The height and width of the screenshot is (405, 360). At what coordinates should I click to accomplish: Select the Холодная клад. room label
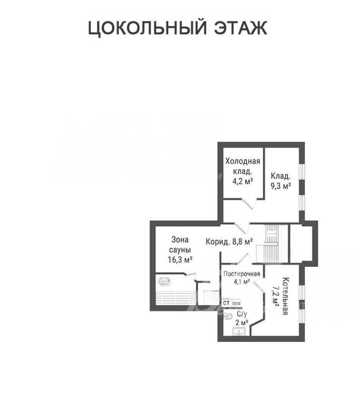tap(242, 166)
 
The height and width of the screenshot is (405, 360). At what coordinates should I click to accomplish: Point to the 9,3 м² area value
tap(281, 186)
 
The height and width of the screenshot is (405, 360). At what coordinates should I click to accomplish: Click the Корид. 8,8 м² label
tap(229, 242)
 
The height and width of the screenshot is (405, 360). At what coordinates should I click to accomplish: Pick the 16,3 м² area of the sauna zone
tap(180, 259)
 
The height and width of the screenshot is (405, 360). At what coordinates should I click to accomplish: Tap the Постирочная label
tap(242, 274)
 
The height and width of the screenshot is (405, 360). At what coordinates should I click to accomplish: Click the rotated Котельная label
tap(285, 296)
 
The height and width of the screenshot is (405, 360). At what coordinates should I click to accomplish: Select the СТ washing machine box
tap(226, 303)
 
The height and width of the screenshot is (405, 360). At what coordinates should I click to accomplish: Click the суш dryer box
tap(236, 303)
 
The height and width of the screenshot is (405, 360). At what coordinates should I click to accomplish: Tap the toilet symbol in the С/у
tap(228, 316)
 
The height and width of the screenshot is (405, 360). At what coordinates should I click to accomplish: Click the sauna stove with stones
tap(164, 281)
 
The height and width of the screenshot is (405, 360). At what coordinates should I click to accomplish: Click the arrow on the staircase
tap(272, 234)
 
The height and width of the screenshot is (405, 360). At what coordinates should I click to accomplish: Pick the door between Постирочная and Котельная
tap(260, 286)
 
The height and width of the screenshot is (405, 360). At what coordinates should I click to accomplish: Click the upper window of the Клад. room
tap(302, 171)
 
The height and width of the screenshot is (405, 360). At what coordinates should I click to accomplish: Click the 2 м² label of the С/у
tap(242, 323)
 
